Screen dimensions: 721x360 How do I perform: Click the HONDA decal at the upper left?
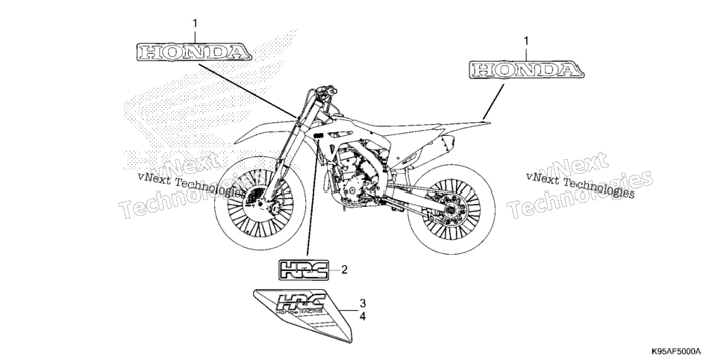point(193,52)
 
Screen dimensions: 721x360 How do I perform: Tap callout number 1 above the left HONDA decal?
point(195,23)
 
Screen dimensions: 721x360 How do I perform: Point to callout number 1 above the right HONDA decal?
point(526,41)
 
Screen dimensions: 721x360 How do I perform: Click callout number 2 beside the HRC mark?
point(344,270)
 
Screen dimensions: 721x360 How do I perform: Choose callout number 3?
point(362,303)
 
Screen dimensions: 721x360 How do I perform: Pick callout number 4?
point(362,317)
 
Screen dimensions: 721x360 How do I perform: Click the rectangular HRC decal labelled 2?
point(304,270)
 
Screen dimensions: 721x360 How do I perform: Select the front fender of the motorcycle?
point(264,130)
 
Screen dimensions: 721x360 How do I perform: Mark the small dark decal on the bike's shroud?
point(318,135)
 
